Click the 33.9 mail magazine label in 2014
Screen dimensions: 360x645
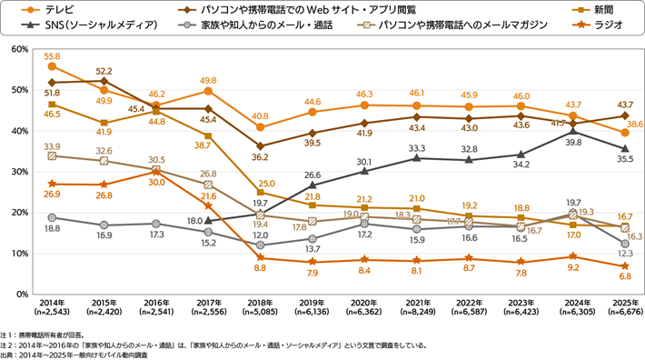[52, 145]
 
